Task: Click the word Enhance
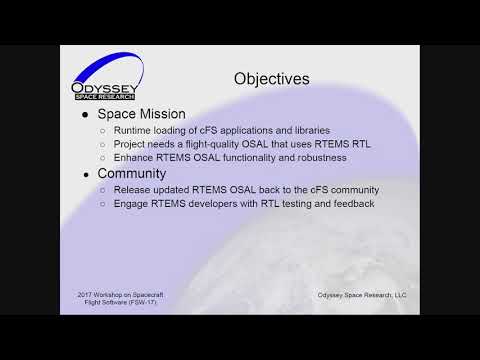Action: click(x=135, y=158)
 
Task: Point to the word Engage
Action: click(x=133, y=204)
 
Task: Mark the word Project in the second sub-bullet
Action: click(x=131, y=144)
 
